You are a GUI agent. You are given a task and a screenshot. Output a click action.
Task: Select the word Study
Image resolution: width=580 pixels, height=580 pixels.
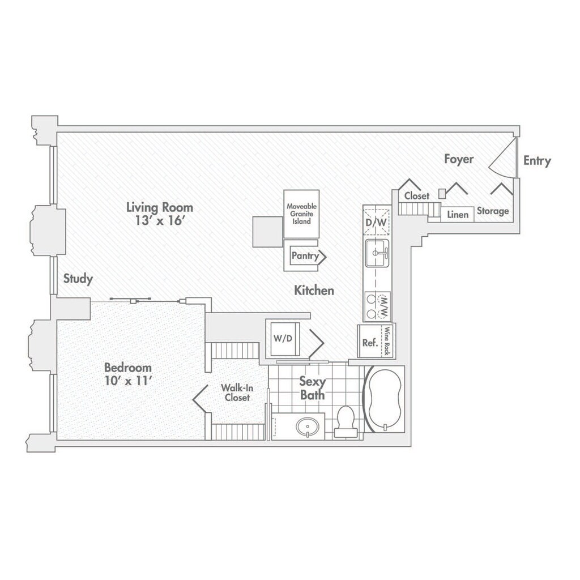[x=78, y=279]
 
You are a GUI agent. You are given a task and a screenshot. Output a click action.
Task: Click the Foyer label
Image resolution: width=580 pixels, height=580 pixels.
[x=458, y=160]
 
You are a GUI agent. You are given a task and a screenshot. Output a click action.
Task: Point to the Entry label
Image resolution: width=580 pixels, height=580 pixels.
[x=536, y=161]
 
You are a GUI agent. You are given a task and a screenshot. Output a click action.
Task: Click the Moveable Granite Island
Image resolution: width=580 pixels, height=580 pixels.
[x=302, y=214]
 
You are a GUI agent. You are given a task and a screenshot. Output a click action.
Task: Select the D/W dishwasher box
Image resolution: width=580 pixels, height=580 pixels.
[x=376, y=223]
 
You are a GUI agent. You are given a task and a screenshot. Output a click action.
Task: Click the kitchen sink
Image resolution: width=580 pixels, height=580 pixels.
[x=376, y=252]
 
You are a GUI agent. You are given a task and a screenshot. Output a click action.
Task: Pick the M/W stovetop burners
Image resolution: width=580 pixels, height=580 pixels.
[x=377, y=305]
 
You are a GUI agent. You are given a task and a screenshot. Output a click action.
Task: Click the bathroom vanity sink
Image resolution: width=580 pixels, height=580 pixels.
[x=306, y=426]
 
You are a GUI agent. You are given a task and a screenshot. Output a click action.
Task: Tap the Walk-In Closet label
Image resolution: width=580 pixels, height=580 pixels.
[x=236, y=393]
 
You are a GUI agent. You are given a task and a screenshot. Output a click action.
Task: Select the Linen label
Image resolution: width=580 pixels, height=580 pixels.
[x=458, y=215]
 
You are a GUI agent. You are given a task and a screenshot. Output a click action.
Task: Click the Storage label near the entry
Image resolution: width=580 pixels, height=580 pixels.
[x=492, y=211]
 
